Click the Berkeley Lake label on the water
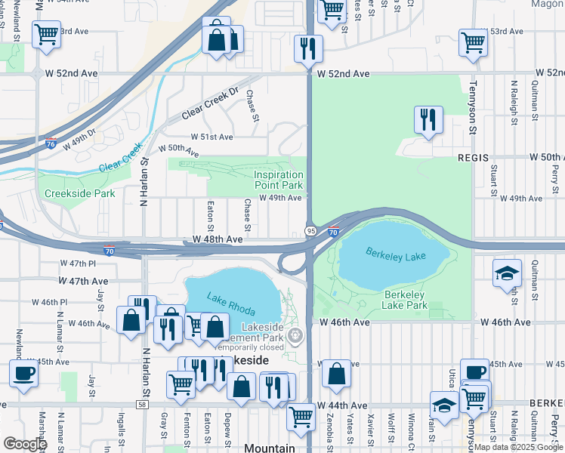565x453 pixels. tap(396, 257)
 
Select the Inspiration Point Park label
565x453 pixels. tap(278, 180)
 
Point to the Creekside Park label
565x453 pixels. tap(79, 194)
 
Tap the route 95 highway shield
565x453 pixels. tap(310, 230)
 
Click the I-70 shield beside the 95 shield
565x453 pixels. tap(333, 233)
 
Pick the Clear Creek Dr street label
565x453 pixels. tap(209, 109)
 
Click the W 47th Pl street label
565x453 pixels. tap(78, 263)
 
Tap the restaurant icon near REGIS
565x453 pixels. tap(428, 119)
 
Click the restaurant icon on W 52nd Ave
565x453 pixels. tap(307, 48)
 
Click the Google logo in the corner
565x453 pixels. tap(24, 444)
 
